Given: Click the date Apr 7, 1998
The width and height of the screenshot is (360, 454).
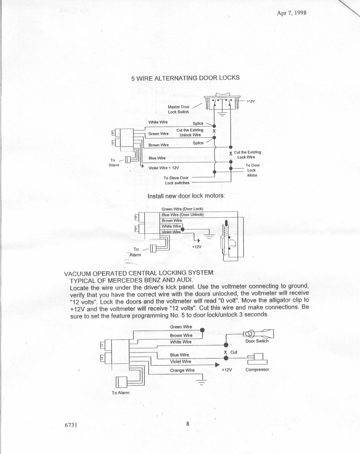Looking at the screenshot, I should point(291,13).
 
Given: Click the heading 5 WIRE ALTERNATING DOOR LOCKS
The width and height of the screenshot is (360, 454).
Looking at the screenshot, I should point(185,78).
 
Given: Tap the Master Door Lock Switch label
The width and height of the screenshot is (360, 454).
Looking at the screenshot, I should point(179,109).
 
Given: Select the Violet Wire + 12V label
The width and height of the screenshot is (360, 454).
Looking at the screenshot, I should point(164,168).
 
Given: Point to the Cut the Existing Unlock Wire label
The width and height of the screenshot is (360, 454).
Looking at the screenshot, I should point(190,133).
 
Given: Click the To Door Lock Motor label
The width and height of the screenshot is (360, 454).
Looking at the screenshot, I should point(252,170).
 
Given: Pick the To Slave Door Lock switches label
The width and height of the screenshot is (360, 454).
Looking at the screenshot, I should point(176,180).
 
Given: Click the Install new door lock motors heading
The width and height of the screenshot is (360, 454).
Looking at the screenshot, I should point(186,196).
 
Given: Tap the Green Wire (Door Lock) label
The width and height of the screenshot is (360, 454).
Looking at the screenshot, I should point(182,209).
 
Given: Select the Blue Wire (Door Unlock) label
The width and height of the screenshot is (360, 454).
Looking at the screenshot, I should point(182,215).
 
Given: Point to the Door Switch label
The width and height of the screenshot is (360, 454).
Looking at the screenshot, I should point(257,341).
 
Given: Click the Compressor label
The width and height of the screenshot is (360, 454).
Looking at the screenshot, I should point(257,370).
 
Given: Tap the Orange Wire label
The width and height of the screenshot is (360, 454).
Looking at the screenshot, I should point(182,370).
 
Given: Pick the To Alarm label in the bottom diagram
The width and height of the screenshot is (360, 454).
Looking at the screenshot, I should point(120,393).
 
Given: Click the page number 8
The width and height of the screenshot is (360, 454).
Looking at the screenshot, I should point(188,424).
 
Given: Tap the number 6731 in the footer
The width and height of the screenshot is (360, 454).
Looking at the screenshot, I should point(71,425).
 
